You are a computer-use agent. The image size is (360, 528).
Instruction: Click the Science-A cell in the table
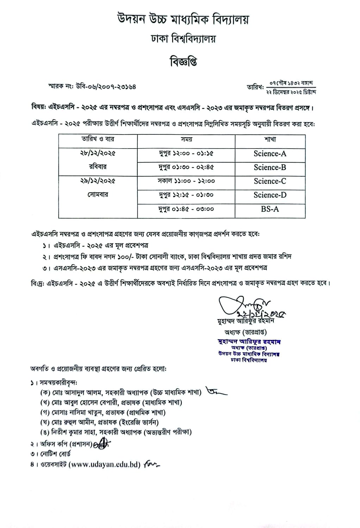pyautogui.click(x=270, y=153)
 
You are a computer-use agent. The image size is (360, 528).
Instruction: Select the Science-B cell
pyautogui.click(x=270, y=167)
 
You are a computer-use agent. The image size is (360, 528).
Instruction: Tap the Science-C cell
pyautogui.click(x=270, y=181)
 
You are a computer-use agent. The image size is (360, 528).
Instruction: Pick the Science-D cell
pyautogui.click(x=270, y=195)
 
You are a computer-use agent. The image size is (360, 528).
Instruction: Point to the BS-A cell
pyautogui.click(x=270, y=209)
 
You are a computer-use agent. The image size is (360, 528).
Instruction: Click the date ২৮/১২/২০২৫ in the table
pyautogui.click(x=98, y=153)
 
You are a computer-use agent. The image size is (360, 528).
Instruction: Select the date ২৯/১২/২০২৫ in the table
pyautogui.click(x=98, y=181)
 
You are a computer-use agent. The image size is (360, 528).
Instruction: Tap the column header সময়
pyautogui.click(x=186, y=139)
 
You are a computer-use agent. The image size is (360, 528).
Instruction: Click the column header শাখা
pyautogui.click(x=270, y=139)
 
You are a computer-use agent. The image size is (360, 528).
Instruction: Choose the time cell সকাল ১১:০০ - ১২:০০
pyautogui.click(x=186, y=181)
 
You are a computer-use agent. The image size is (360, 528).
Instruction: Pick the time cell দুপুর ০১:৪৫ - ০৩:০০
pyautogui.click(x=186, y=209)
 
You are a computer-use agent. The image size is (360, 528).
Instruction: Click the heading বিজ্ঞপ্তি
pyautogui.click(x=183, y=62)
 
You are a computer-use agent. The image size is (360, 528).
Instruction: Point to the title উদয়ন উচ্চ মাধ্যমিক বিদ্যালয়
pyautogui.click(x=183, y=19)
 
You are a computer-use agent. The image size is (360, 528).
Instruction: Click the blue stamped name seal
pyautogui.click(x=249, y=351)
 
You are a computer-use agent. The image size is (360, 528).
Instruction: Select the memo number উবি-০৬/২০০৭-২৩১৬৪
pyautogui.click(x=106, y=86)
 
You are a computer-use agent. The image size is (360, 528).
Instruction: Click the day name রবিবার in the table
pyautogui.click(x=98, y=167)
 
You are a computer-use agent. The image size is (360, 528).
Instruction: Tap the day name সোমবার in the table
pyautogui.click(x=98, y=195)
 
